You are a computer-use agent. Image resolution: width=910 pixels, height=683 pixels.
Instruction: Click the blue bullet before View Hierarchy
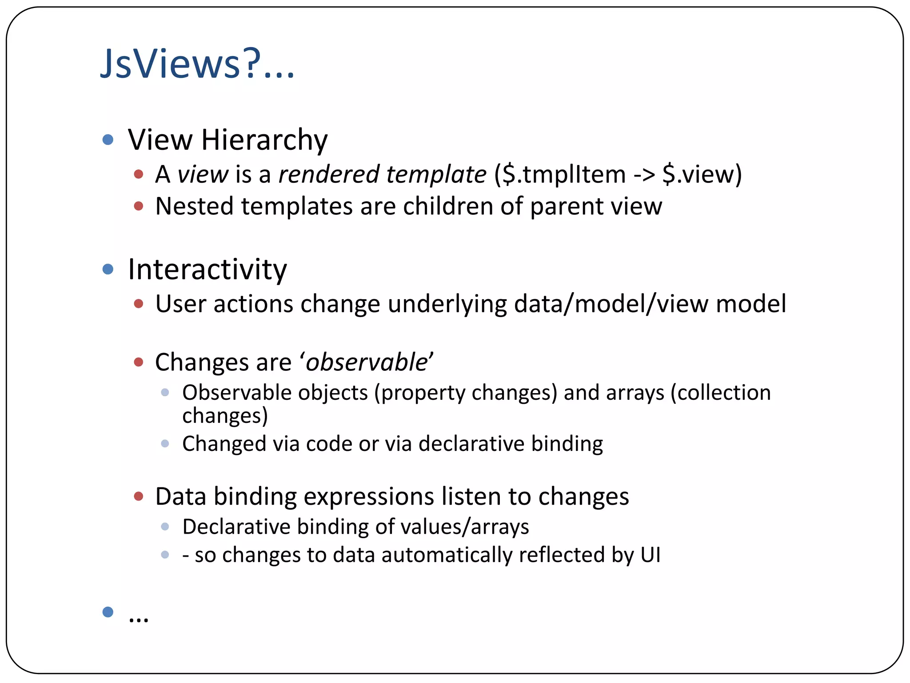tap(108, 140)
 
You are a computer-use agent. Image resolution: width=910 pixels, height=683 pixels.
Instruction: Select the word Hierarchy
tap(264, 140)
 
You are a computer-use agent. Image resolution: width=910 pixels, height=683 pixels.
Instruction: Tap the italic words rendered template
tap(382, 174)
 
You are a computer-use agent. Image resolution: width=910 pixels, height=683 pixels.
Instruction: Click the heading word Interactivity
tap(208, 269)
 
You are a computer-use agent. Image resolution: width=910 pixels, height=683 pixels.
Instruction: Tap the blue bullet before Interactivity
tap(108, 269)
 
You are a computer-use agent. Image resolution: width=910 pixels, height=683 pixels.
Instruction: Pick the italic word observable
tap(367, 362)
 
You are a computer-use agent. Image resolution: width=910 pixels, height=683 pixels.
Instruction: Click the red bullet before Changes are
tap(139, 362)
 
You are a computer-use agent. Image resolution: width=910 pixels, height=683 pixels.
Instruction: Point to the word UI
tap(651, 555)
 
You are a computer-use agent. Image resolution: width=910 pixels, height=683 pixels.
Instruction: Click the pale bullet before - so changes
tap(165, 555)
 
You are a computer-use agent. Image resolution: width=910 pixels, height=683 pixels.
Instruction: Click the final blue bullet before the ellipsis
tap(108, 612)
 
